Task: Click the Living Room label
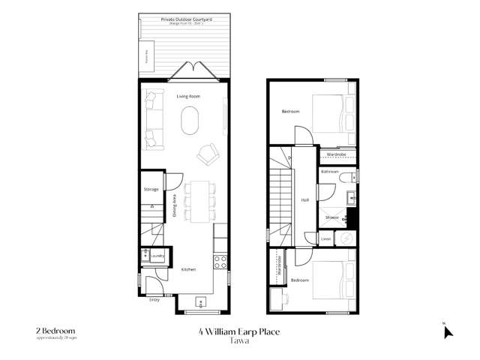coord(187,97)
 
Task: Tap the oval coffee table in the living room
coord(191,119)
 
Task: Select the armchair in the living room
coord(205,154)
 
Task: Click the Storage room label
coord(151,190)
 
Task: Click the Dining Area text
coord(175,205)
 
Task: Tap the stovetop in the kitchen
coord(221,262)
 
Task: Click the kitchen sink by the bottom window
coord(201,302)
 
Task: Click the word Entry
coord(154,300)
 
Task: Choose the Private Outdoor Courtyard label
coord(181,20)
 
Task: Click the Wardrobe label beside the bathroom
coord(335,155)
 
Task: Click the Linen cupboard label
coord(326,238)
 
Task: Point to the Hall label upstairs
coord(305,200)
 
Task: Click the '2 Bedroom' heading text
coord(55,329)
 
